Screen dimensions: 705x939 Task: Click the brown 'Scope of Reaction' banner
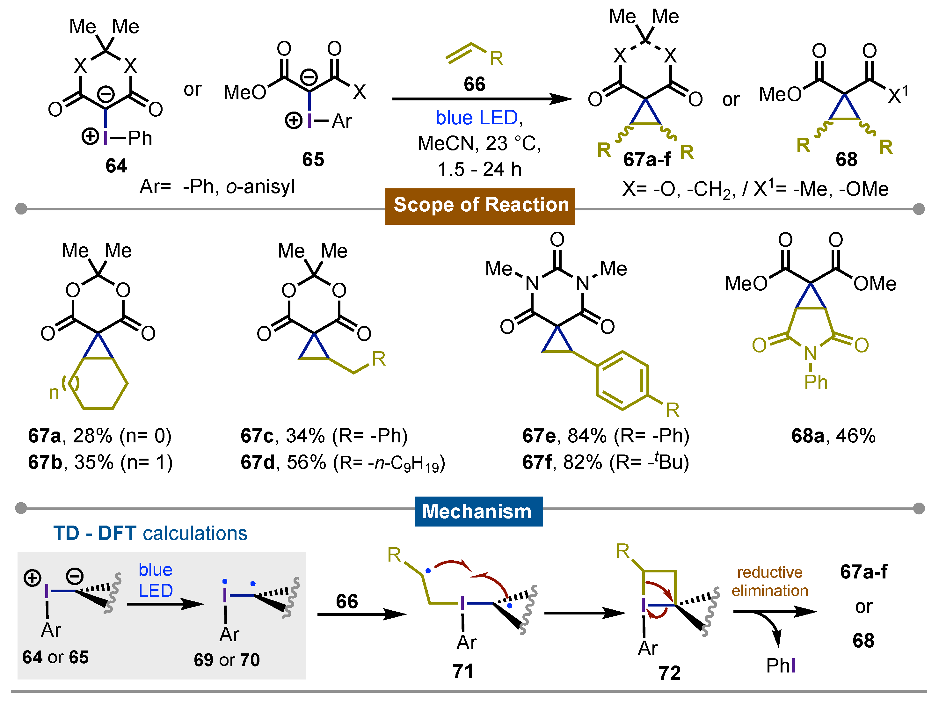pos(480,206)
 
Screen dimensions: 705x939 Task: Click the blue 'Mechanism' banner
pos(478,512)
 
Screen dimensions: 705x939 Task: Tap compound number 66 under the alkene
pos(474,84)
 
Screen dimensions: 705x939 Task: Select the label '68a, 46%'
pos(833,436)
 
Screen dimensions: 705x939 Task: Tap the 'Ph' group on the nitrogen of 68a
pos(815,383)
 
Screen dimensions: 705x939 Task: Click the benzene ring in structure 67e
pos(622,380)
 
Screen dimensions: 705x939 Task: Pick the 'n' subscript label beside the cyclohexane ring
pos(54,393)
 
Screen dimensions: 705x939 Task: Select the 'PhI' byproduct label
pos(780,665)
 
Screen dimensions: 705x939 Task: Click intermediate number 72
pos(669,673)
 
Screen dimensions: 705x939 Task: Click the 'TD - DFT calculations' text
pos(150,534)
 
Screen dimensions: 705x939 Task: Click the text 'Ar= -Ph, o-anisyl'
pos(217,187)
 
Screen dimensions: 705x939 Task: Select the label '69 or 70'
pos(227,660)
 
